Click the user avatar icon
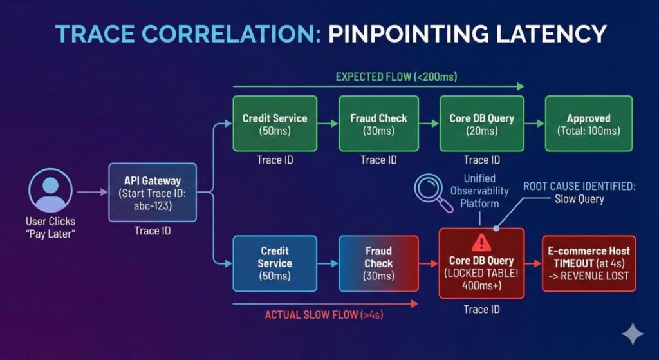pos(50,191)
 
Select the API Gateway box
pos(152,191)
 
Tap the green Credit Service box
pos(275,124)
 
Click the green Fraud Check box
pos(378,124)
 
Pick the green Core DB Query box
pos(481,124)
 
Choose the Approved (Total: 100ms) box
pos(588,124)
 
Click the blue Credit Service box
pos(275,263)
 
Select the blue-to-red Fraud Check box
pos(378,263)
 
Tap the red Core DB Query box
pos(481,263)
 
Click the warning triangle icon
pos(481,242)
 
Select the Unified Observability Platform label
pos(487,191)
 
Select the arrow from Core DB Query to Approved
pos(534,124)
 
